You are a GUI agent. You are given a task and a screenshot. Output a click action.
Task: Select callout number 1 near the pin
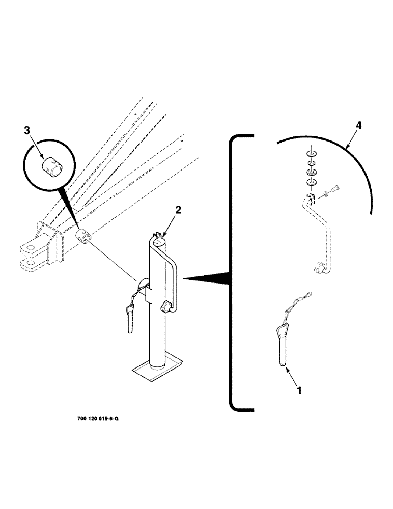tap(299, 390)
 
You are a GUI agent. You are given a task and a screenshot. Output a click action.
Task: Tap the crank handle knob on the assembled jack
tap(166, 307)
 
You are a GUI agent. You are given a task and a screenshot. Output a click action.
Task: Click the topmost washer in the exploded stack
tap(311, 154)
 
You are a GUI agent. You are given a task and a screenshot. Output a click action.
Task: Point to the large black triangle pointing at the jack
tap(209, 278)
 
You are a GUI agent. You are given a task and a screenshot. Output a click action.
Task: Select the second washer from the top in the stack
tap(311, 164)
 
